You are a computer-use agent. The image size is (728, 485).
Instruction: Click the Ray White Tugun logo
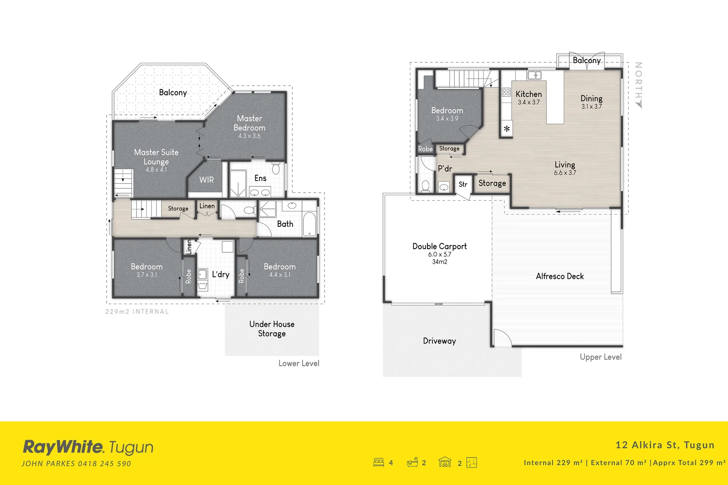tap(88, 447)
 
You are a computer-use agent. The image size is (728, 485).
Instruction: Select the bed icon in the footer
tap(378, 462)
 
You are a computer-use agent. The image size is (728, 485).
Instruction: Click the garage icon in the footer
tap(444, 462)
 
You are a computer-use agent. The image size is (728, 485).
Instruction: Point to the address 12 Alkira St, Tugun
tap(665, 445)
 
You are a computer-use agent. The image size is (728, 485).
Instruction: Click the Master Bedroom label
tap(249, 123)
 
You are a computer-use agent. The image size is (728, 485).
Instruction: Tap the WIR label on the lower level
tap(206, 180)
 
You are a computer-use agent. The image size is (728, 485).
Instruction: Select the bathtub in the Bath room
tap(310, 224)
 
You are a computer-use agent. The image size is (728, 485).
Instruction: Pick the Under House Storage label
tap(272, 329)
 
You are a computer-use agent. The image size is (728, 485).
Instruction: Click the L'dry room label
tap(221, 274)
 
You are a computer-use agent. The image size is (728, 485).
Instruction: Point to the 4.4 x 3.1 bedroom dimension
tap(280, 275)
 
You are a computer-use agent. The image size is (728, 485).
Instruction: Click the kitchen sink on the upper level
tap(534, 75)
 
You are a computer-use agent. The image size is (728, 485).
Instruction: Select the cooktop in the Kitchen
tap(506, 93)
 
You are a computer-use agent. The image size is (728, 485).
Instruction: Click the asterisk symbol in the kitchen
tap(506, 129)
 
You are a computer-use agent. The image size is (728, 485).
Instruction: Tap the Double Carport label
tap(439, 246)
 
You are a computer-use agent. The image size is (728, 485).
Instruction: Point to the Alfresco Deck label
tap(559, 276)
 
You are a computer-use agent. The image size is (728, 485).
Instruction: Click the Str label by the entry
tap(463, 185)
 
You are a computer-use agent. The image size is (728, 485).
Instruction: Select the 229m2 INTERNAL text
tap(137, 312)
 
